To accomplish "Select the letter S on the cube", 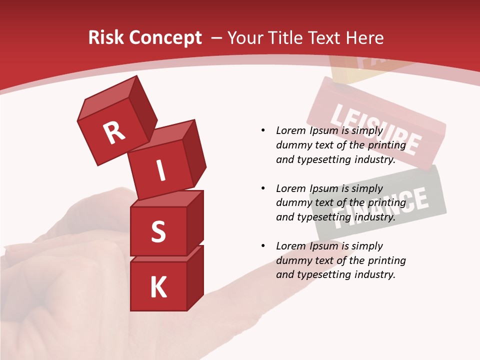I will click(158, 231).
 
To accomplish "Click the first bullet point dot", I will click(263, 130).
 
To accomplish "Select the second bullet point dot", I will click(263, 188).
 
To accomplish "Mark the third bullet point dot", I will click(263, 246).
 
